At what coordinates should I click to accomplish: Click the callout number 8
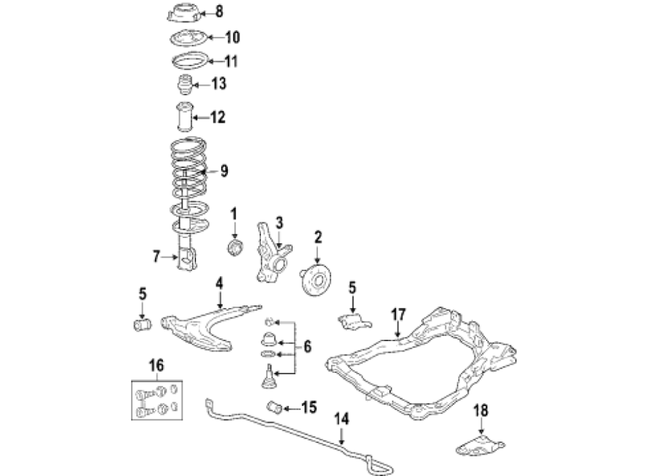click(x=219, y=12)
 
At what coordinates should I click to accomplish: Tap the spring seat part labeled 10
click(x=188, y=38)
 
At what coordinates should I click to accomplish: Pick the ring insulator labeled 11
click(x=189, y=61)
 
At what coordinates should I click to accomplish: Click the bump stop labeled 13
click(x=185, y=84)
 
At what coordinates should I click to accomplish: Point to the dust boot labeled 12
click(x=185, y=117)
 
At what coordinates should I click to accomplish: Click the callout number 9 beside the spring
click(x=224, y=170)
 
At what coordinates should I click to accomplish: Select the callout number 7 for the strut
click(x=156, y=257)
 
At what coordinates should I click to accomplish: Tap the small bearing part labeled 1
click(x=234, y=247)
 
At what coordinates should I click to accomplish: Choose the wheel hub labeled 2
click(x=315, y=281)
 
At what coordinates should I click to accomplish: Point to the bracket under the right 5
click(x=354, y=322)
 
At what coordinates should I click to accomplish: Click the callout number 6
click(x=307, y=346)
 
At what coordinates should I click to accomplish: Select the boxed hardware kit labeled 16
click(x=157, y=400)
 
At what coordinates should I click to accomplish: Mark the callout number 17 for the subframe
click(x=398, y=314)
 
